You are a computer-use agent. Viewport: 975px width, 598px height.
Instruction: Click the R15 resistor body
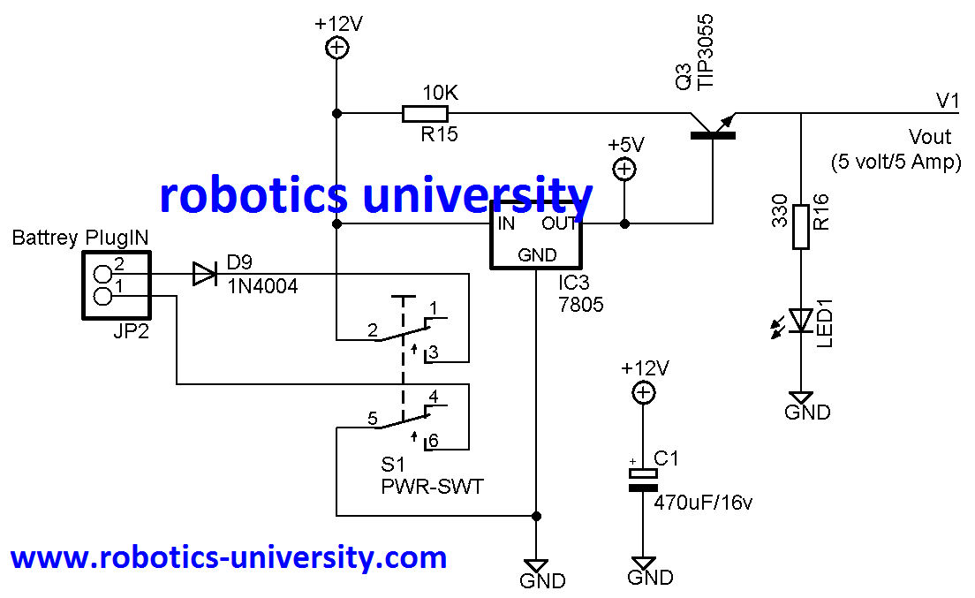425,113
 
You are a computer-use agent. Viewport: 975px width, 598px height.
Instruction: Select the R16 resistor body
801,227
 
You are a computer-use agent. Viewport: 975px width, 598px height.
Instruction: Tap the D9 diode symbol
205,275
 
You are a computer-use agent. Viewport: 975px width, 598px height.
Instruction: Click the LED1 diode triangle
801,321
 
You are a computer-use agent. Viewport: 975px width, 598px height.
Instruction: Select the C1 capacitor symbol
644,481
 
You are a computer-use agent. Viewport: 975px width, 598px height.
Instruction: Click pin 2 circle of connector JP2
103,276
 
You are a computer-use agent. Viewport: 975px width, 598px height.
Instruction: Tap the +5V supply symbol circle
624,169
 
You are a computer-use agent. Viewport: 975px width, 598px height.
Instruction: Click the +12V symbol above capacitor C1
644,393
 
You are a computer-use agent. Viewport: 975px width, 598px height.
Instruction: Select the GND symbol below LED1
801,398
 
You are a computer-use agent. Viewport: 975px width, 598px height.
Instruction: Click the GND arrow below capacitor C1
644,564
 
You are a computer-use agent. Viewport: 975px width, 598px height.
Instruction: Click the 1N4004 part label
262,287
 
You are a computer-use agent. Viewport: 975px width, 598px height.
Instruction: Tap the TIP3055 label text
706,52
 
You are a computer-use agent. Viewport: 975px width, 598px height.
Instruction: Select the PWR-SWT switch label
432,487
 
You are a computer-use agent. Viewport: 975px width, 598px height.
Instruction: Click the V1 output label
948,101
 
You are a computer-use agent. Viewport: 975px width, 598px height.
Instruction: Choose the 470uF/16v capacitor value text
704,503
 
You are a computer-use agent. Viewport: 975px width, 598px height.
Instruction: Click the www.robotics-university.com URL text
228,558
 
